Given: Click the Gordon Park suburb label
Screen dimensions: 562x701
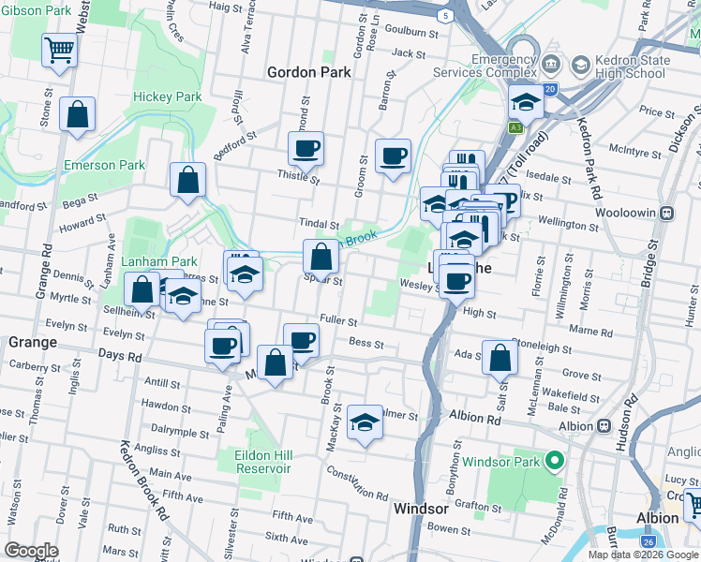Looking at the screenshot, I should coord(308,72).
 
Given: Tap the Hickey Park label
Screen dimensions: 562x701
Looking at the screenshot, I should coord(168,96).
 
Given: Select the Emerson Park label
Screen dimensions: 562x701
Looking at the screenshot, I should coord(104,165).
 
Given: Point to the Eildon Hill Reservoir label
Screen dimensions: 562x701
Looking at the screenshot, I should coord(263,462).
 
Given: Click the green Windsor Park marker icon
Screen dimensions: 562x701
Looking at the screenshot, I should coord(555,462).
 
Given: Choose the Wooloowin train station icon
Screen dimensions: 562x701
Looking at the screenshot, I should coord(666,213).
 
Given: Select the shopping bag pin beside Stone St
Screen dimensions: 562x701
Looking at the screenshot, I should coord(78,114).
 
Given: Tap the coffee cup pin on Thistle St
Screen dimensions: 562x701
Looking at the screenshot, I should coord(306,148).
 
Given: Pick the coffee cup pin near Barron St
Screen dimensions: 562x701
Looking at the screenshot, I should coord(394,155).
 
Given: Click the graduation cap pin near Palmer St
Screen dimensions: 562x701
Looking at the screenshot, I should coord(365,421).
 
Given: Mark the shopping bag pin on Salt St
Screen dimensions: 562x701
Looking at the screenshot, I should coord(500,356).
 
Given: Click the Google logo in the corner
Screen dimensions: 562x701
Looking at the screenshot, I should coord(31,551).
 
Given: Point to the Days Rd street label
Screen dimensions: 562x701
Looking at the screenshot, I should coord(121,357).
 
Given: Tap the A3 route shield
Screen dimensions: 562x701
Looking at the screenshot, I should coord(516,127).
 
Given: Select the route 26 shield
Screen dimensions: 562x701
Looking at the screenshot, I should coord(649,541).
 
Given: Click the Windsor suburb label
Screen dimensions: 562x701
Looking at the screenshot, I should coord(421,509).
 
